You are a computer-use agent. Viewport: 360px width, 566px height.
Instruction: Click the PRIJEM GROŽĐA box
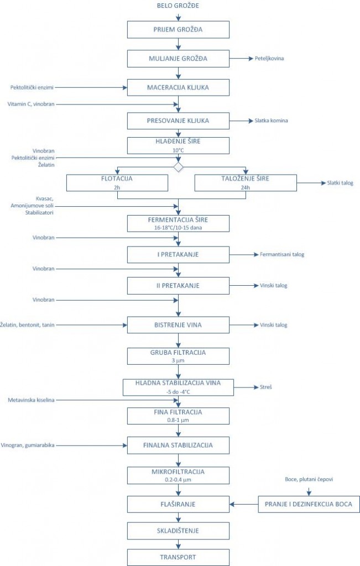tap(178, 30)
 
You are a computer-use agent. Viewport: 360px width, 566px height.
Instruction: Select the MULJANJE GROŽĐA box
tap(178, 59)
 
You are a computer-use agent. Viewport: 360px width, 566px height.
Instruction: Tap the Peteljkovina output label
tap(269, 59)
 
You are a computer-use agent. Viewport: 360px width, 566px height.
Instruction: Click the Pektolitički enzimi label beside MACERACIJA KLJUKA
tap(32, 87)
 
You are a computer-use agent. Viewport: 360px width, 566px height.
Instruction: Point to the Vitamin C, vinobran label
tap(31, 104)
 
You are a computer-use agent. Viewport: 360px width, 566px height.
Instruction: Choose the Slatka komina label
tap(271, 120)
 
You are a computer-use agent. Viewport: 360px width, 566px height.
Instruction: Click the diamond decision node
tap(179, 167)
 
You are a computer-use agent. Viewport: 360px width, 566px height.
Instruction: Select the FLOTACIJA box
tap(117, 182)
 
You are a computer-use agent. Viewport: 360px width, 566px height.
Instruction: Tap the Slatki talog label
tap(340, 183)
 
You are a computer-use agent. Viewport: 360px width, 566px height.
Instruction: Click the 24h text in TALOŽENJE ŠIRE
tap(245, 188)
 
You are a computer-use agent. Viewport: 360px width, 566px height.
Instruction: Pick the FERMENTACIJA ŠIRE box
tap(178, 223)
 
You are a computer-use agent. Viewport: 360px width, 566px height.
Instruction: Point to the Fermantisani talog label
tap(282, 254)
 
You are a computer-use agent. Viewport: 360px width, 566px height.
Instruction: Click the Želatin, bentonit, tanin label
tap(28, 325)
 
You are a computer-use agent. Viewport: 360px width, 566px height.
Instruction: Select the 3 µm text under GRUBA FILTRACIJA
tap(178, 360)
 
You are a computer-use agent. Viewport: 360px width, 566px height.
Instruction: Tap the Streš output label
tap(266, 387)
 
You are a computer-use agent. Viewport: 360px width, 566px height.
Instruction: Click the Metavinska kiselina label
tap(31, 400)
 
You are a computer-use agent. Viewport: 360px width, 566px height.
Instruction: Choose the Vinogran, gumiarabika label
tap(28, 446)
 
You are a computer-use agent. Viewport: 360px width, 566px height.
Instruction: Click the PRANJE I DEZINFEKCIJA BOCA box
tap(309, 504)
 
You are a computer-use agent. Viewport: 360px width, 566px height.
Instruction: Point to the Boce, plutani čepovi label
tap(309, 479)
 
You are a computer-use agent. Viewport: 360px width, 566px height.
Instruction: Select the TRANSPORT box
tap(178, 557)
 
